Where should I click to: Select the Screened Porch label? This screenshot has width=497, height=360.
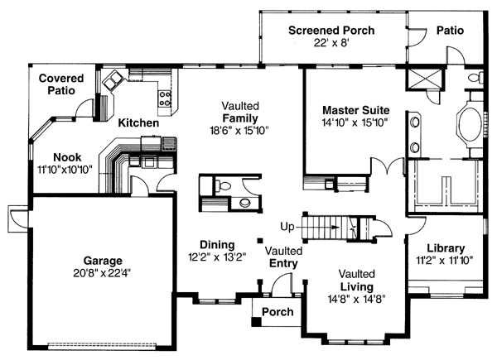(x=331, y=31)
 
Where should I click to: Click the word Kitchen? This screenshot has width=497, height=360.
(x=138, y=122)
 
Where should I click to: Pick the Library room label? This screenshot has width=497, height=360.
(x=445, y=248)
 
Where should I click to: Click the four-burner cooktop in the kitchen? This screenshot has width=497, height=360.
(x=164, y=98)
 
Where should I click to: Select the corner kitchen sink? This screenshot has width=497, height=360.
(x=111, y=80)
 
